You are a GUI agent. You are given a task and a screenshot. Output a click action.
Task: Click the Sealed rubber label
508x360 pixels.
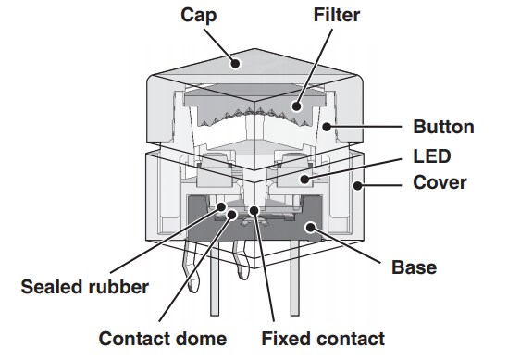pos(84,286)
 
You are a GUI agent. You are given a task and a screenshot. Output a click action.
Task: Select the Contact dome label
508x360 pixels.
pos(163,338)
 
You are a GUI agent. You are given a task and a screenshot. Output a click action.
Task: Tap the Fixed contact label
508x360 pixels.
pos(323,338)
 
